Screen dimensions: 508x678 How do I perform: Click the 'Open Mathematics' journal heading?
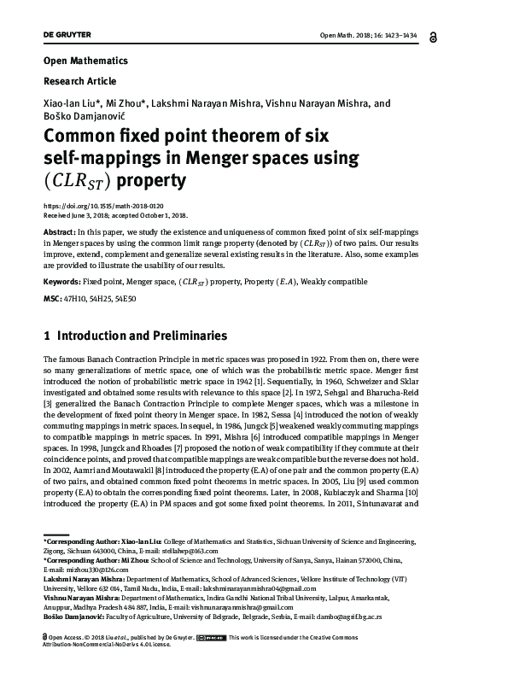(x=85, y=61)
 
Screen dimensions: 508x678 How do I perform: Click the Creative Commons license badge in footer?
(x=210, y=637)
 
